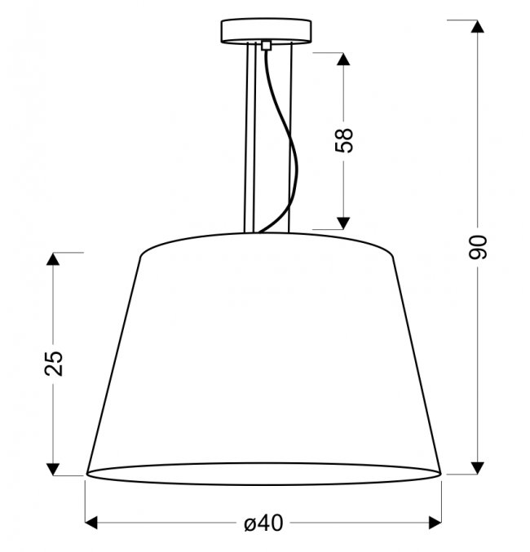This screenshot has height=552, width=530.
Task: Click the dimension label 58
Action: (x=343, y=141)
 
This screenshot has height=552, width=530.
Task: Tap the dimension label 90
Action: (x=478, y=247)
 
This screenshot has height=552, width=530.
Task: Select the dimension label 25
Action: (x=54, y=364)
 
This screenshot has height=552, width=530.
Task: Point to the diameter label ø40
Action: (x=263, y=523)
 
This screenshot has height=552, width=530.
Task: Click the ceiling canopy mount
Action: (x=267, y=31)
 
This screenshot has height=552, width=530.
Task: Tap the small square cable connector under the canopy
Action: (x=267, y=46)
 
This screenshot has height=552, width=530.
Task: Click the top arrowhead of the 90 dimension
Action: (x=478, y=26)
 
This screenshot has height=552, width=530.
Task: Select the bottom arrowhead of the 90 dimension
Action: (x=478, y=468)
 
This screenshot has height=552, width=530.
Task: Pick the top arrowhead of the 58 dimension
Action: (x=343, y=59)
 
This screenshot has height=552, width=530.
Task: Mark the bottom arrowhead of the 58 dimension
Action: (x=343, y=223)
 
